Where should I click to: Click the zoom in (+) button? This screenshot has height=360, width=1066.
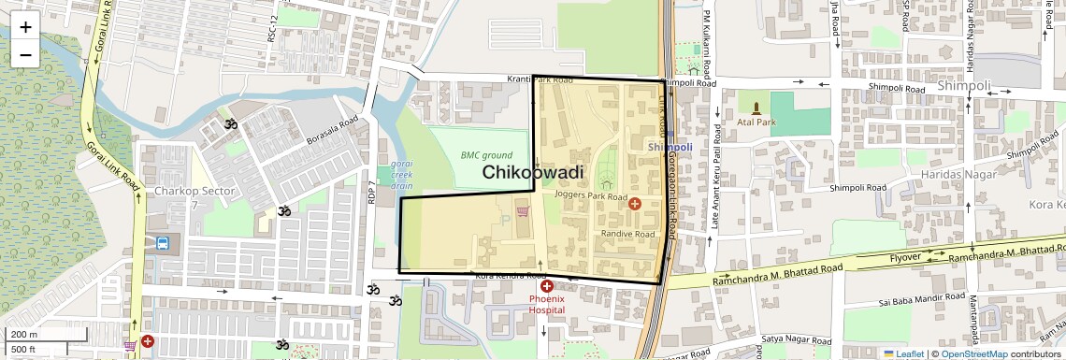(25, 27)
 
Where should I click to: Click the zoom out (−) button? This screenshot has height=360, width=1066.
(25, 54)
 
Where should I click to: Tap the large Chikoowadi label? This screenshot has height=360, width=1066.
(533, 172)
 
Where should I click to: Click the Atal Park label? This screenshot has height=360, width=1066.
(756, 122)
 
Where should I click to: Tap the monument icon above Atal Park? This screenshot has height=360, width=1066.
(756, 107)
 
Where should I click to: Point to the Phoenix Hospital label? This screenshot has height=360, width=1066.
(547, 303)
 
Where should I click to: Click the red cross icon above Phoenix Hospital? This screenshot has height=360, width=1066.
(547, 285)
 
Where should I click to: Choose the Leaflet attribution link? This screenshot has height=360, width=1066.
(903, 353)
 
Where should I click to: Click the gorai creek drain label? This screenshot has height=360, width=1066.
(402, 175)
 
